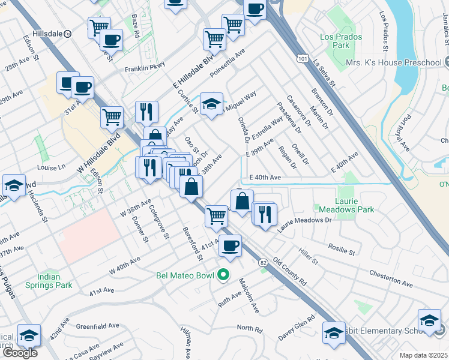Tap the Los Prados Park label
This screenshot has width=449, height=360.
(x=335, y=41)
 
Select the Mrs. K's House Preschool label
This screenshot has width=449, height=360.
(x=393, y=62)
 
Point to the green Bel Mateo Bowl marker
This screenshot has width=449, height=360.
(x=223, y=275)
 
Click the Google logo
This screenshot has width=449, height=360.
(x=20, y=353)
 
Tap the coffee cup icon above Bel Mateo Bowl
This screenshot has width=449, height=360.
(x=230, y=245)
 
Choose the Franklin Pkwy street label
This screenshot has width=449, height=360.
(x=145, y=69)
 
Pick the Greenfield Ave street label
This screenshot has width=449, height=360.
(x=97, y=326)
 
